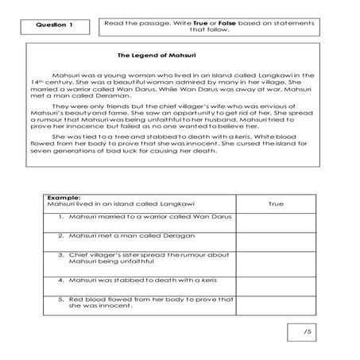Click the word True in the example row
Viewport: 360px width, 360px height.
pos(275,204)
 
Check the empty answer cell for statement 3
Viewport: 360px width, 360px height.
pos(275,261)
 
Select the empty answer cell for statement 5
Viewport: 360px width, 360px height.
pos(275,305)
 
